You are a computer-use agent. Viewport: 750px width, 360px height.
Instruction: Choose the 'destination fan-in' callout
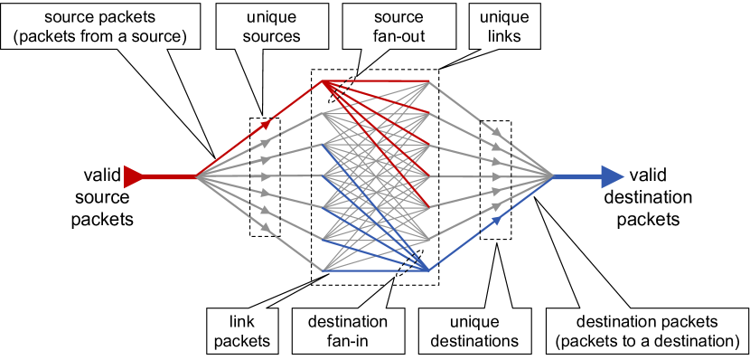[347, 331]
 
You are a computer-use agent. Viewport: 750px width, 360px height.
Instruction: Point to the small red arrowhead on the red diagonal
[266, 117]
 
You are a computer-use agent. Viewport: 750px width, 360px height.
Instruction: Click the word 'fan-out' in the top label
[401, 36]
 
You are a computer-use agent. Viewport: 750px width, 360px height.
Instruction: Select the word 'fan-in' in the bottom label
[347, 341]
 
